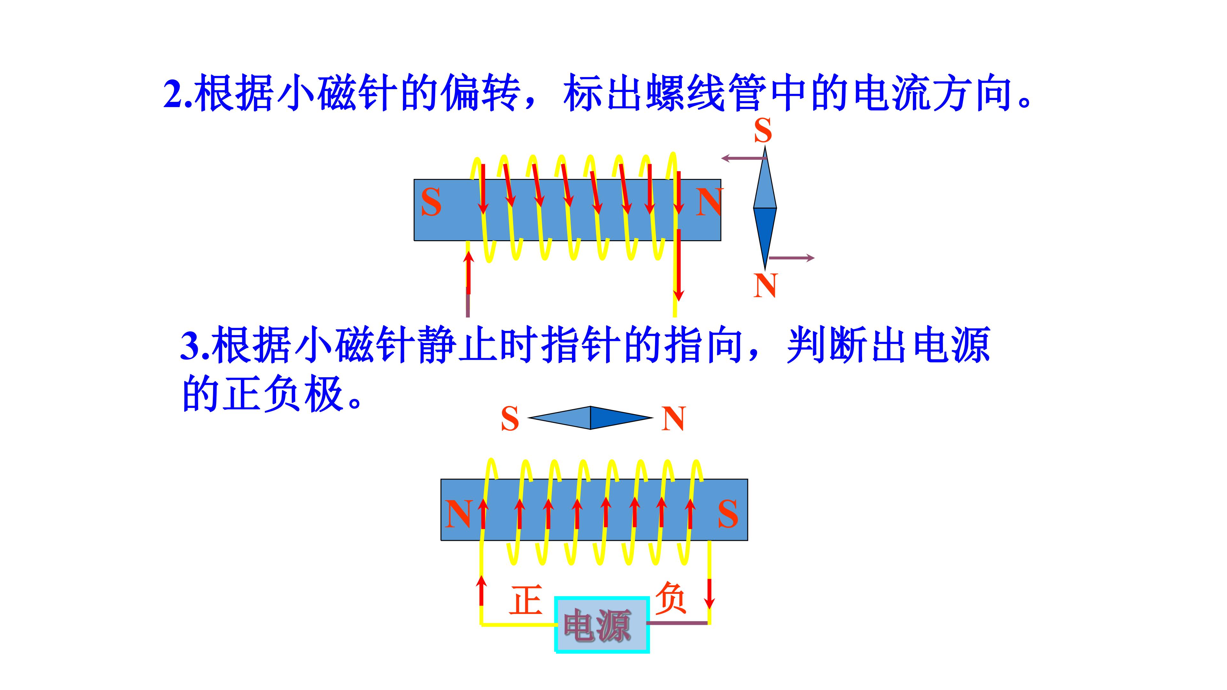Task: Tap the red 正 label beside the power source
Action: [525, 600]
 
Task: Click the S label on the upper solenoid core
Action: [431, 203]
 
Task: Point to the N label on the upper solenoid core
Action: [708, 203]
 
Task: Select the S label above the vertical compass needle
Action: [763, 130]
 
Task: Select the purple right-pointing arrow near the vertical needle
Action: [791, 258]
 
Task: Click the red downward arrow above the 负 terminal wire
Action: [709, 593]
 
